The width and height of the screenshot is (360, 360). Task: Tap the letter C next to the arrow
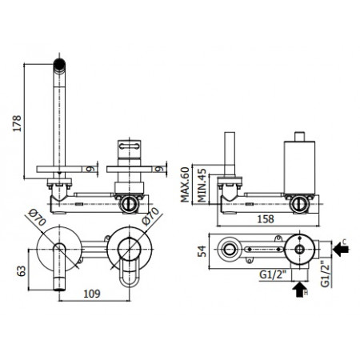344,241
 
